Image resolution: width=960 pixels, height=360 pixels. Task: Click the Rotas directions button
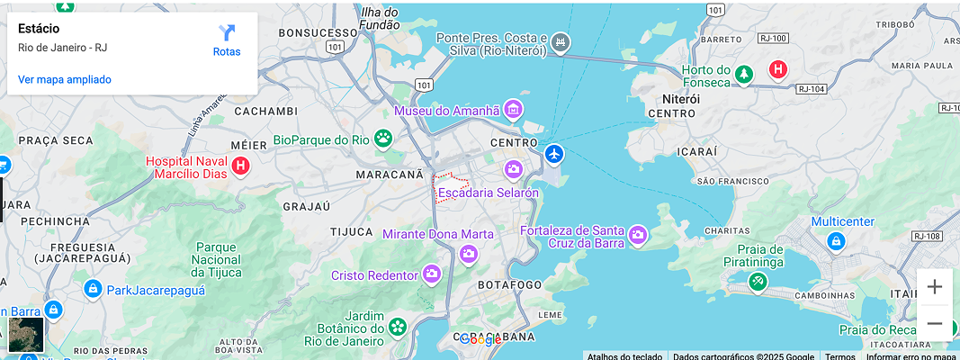[227, 40]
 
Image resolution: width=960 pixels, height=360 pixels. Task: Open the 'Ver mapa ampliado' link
[65, 79]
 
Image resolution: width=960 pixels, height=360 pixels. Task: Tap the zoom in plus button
[935, 287]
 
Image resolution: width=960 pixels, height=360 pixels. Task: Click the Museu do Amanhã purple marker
[514, 111]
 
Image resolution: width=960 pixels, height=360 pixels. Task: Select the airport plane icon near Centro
[553, 154]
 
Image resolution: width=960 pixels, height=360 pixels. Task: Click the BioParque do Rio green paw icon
[384, 139]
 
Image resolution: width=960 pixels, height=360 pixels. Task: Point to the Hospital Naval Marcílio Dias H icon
[240, 166]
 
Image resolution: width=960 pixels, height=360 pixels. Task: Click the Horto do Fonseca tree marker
[743, 75]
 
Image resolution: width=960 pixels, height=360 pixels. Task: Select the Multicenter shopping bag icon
[836, 240]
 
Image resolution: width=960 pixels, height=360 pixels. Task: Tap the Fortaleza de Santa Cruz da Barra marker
[638, 236]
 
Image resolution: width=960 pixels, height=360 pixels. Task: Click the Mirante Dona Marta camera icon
[468, 254]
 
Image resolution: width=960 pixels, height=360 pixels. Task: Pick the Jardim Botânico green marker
[397, 328]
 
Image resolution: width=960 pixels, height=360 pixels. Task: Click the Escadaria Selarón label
[488, 193]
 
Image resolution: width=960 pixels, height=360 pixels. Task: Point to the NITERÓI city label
[681, 97]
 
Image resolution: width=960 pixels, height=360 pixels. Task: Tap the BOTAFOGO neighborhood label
[509, 284]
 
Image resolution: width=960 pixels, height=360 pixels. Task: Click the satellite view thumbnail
[26, 334]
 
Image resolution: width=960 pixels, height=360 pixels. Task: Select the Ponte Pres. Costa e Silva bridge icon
[561, 42]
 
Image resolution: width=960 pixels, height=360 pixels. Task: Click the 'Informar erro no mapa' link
[911, 356]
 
